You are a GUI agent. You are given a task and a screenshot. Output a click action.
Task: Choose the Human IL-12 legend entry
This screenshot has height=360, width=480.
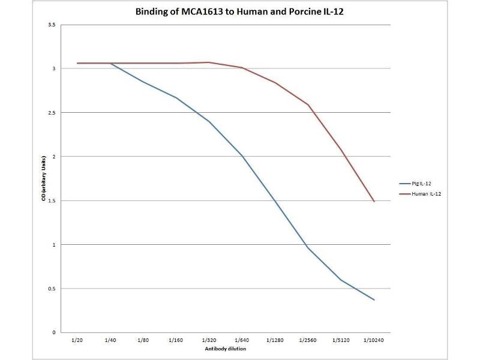(422, 193)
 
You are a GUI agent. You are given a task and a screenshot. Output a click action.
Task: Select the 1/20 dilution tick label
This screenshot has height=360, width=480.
(77, 340)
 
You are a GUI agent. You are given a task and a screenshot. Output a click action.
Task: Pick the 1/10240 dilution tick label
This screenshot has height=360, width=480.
(374, 340)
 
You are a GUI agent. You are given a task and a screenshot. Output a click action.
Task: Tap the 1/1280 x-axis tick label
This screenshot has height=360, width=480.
(275, 340)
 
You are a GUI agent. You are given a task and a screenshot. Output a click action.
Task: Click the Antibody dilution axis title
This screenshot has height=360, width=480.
(226, 348)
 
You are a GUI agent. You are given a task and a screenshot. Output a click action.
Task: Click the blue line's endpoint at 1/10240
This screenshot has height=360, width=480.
(374, 299)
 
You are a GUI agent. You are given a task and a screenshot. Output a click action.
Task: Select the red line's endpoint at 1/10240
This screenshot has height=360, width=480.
(374, 201)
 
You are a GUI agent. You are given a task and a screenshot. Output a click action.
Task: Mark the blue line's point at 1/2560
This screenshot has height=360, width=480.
(308, 248)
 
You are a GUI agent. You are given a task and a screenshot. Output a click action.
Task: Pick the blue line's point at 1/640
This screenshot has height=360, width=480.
(242, 156)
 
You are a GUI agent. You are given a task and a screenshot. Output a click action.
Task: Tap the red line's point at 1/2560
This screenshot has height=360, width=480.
(308, 105)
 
